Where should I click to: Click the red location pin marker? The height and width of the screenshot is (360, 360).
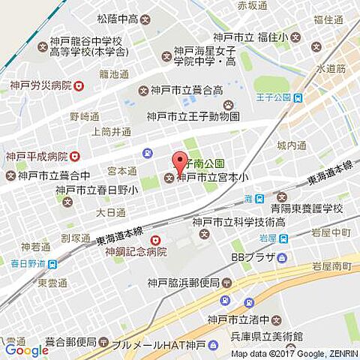pyautogui.click(x=179, y=161)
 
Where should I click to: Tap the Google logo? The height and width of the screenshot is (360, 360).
pyautogui.click(x=26, y=350)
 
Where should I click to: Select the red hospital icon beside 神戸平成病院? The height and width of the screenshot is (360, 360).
pyautogui.click(x=73, y=157)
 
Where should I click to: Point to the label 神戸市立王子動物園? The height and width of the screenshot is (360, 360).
pyautogui.click(x=193, y=117)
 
